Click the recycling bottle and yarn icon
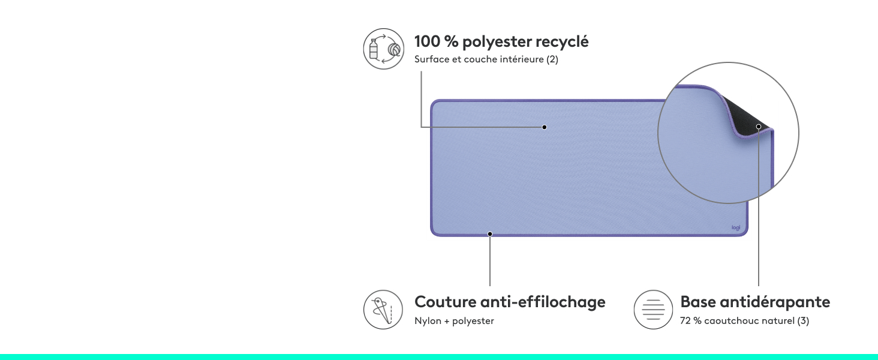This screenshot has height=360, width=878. [383, 49]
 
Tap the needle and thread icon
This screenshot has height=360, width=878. [383, 310]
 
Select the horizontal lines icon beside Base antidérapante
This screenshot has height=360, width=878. [654, 310]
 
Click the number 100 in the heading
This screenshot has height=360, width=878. [427, 41]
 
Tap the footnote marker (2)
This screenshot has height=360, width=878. [552, 59]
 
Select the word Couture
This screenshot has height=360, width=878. [445, 302]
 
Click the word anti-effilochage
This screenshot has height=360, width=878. [543, 302]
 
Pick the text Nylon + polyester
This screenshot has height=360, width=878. [454, 321]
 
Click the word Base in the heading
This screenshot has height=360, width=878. [697, 302]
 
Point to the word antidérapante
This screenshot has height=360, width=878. [775, 302]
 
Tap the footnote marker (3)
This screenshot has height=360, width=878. [803, 321]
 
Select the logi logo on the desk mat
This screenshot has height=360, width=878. [736, 227]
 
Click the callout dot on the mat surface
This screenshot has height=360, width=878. [545, 127]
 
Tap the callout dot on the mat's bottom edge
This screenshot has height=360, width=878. [490, 234]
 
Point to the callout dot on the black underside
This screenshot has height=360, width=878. [759, 126]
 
